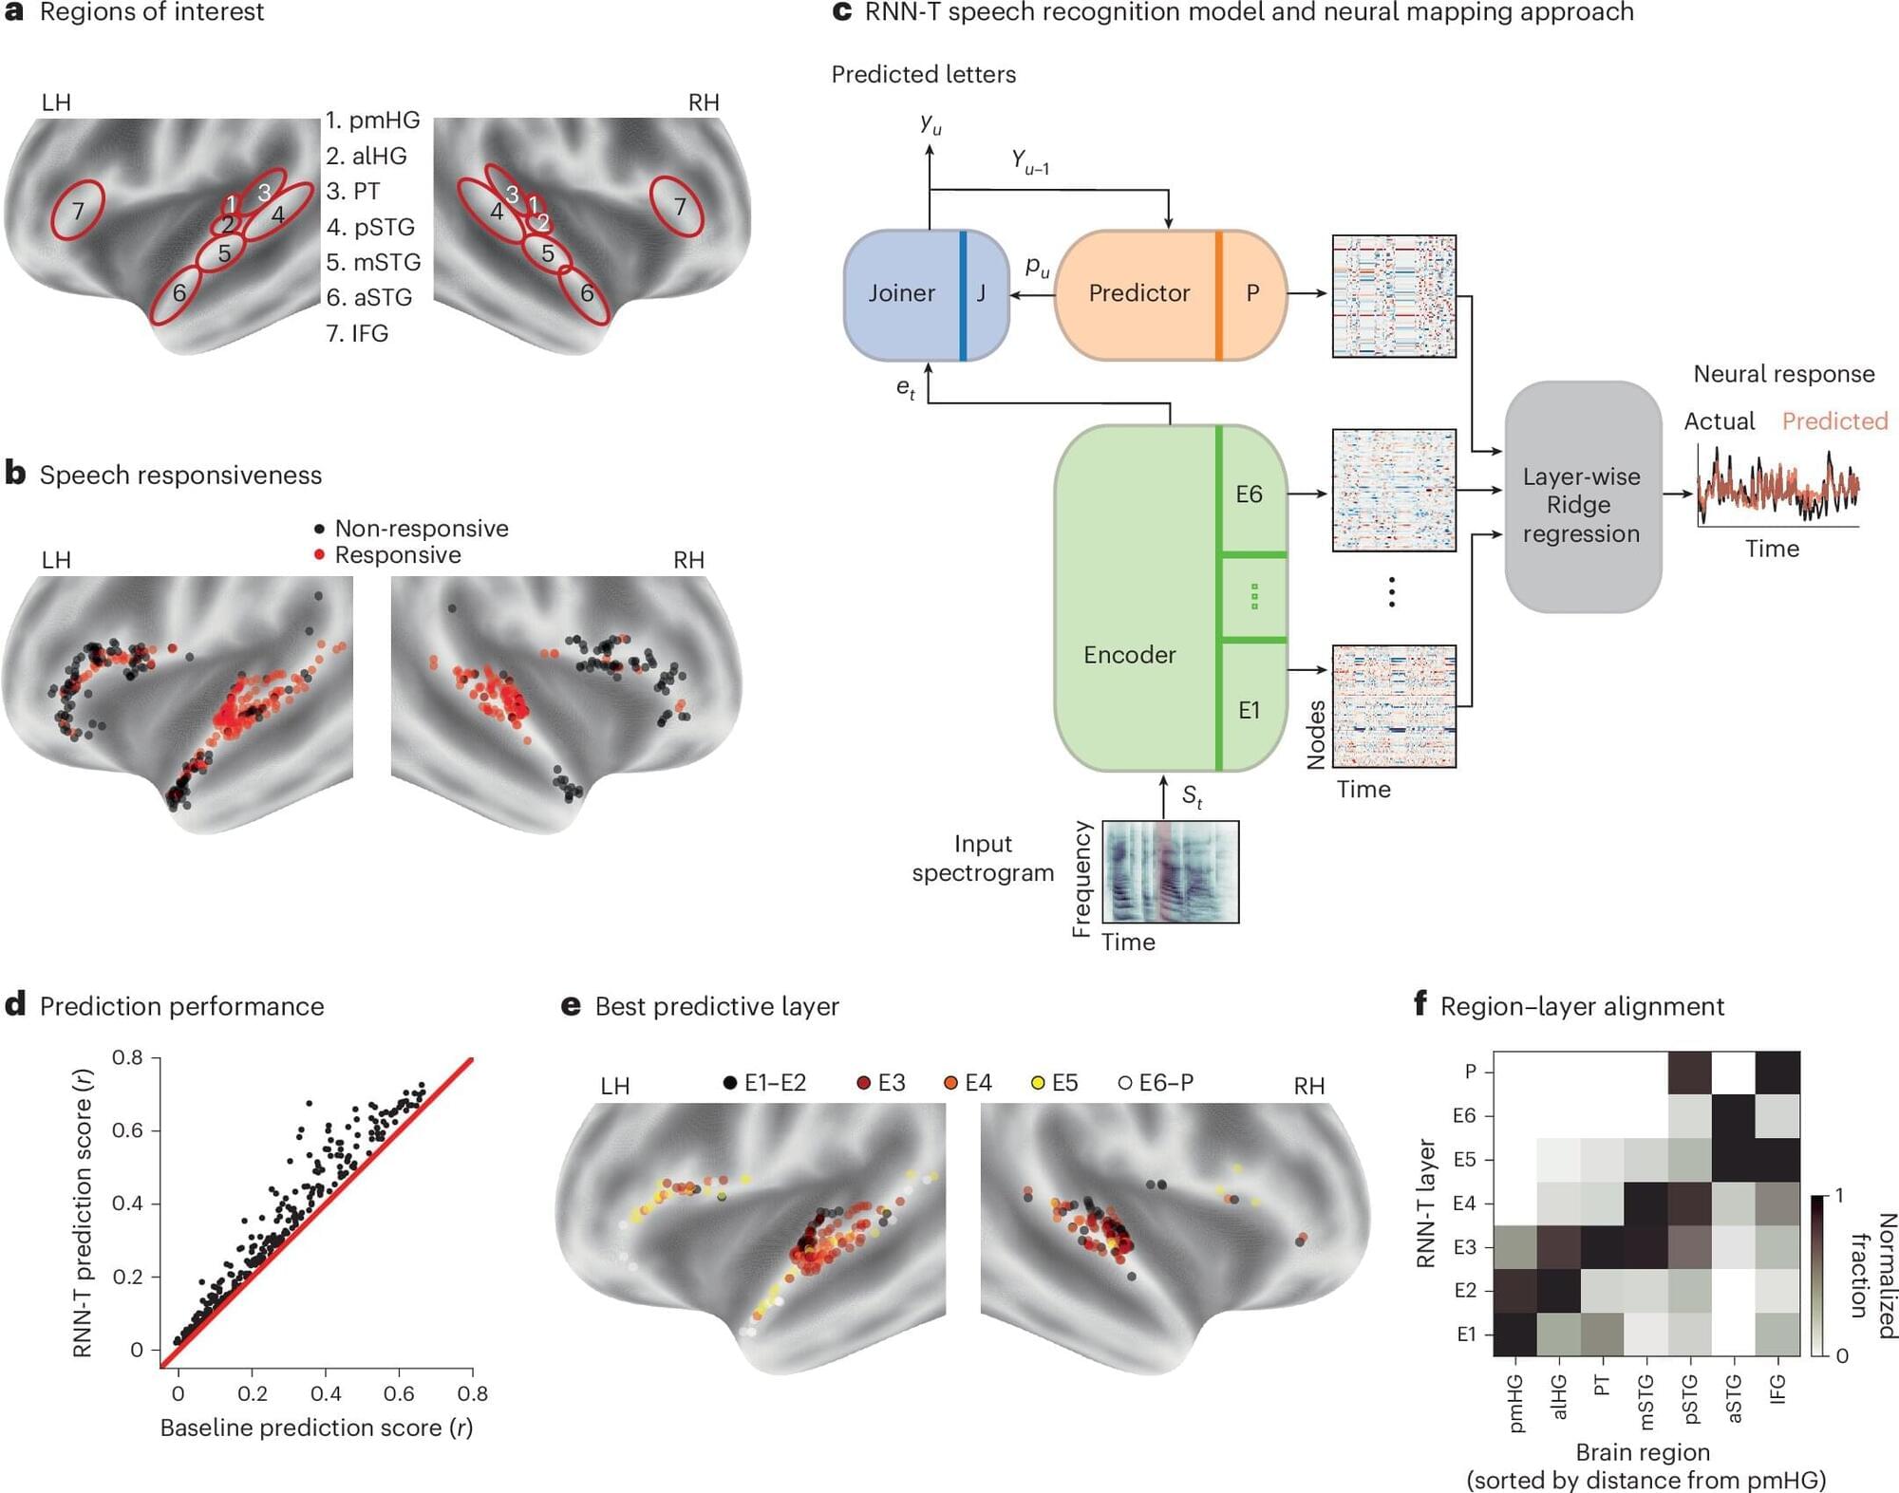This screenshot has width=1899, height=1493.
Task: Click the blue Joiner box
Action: point(902,294)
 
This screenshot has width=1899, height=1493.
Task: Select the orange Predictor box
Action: point(1139,294)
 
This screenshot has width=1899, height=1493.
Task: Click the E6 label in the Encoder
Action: point(1250,495)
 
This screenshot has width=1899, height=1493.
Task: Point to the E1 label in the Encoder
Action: point(1250,710)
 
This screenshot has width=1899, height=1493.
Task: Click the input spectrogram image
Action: point(1171,871)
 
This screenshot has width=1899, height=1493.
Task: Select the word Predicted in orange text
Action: point(1834,421)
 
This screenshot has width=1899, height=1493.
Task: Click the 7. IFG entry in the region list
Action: point(357,333)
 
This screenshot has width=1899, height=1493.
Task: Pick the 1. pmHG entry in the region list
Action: point(372,121)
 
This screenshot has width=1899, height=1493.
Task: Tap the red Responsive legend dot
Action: point(319,554)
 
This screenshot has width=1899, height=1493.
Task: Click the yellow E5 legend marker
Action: point(1038,1083)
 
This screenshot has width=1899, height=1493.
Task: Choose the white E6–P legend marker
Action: point(1125,1083)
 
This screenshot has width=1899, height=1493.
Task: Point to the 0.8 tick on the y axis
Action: point(128,1057)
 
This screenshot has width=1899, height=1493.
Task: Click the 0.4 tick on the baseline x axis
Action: point(326,1393)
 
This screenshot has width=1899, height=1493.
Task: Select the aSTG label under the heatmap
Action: point(1734,1399)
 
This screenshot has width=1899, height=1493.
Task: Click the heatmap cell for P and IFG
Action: point(1777,1073)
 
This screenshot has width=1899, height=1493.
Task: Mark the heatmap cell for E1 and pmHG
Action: point(1515,1334)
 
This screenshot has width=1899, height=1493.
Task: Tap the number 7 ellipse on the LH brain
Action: point(78,211)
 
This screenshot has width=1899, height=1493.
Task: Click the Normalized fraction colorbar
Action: point(1817,1276)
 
